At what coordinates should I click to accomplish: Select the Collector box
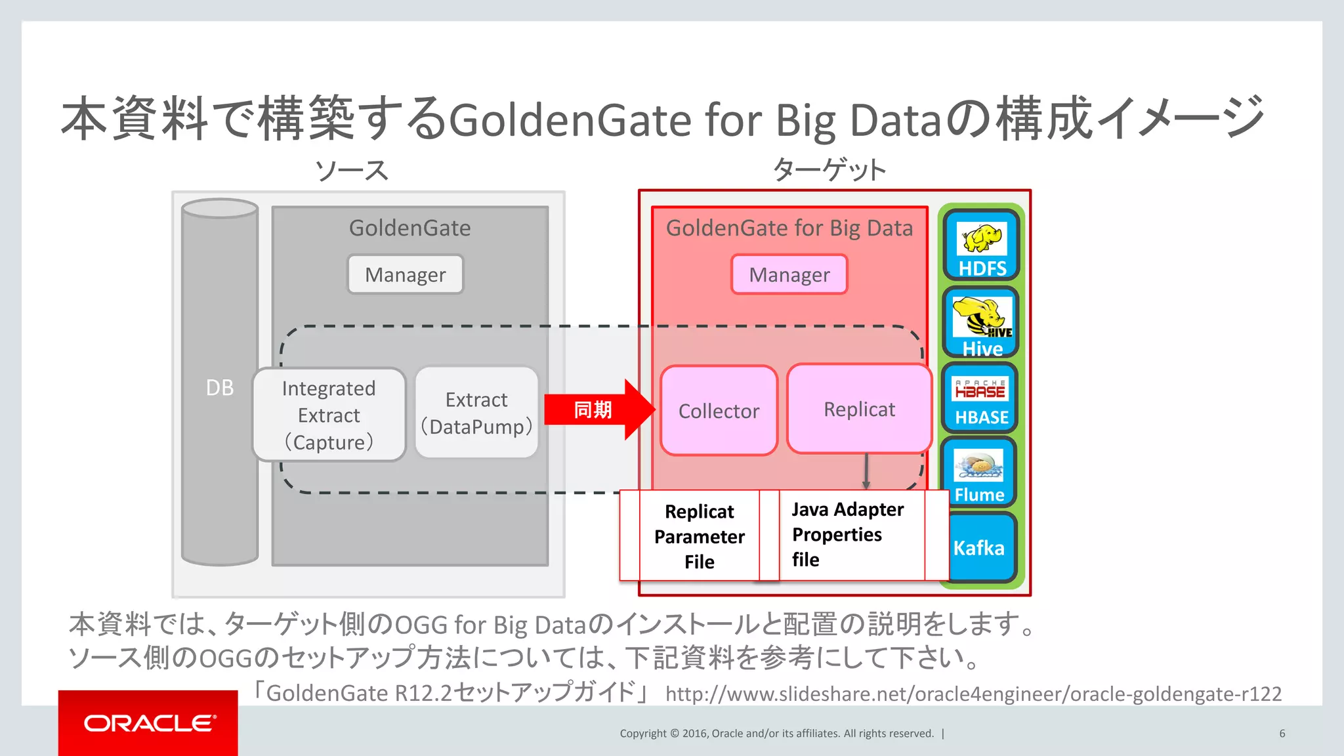coord(719,411)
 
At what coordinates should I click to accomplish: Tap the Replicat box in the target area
coord(859,409)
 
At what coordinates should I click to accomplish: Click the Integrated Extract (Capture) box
coord(329,415)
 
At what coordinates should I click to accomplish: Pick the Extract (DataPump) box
coord(476,413)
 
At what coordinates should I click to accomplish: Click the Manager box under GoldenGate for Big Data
coord(789,274)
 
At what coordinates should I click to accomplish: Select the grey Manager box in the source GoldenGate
coord(405,274)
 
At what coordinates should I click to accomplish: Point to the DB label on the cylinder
coord(219,388)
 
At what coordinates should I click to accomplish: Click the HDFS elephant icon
coord(982,238)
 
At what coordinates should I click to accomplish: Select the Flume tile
coord(979,472)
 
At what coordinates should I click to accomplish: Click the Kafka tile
coord(979,547)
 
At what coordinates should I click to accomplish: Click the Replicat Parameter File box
coord(699,536)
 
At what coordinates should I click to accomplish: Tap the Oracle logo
coord(148,723)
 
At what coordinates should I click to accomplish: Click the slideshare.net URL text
coord(973,694)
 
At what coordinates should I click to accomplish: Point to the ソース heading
coord(352,171)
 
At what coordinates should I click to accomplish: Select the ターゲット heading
coord(829,169)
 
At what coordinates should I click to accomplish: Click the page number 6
coord(1282,734)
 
